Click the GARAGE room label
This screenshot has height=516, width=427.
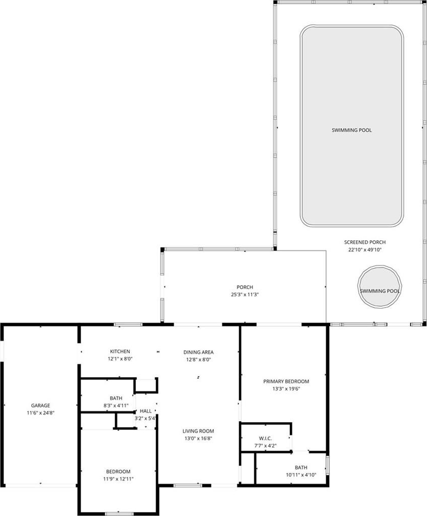point(41,406)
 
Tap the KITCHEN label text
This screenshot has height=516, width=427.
point(120,351)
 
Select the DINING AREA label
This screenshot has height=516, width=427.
point(199,352)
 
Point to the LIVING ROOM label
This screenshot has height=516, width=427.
point(198,431)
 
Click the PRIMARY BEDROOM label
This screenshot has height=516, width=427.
point(286,381)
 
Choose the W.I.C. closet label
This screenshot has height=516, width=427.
point(265,438)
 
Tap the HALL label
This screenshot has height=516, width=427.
point(145,411)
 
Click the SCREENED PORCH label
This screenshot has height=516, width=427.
point(365,242)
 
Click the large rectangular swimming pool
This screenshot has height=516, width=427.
point(352,126)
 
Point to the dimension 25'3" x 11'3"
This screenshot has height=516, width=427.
point(245,294)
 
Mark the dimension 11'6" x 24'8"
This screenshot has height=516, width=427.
point(41,413)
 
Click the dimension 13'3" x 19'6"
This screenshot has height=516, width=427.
point(286,389)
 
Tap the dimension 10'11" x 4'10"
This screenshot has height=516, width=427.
point(301,475)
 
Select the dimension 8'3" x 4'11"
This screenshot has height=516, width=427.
point(116,406)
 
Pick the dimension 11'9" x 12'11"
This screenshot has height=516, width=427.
point(118,479)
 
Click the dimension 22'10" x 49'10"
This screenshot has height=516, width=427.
point(365,250)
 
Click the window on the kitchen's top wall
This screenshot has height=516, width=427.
point(128,324)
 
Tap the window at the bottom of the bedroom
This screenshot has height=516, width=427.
point(119,513)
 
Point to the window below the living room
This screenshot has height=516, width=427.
point(188,485)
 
